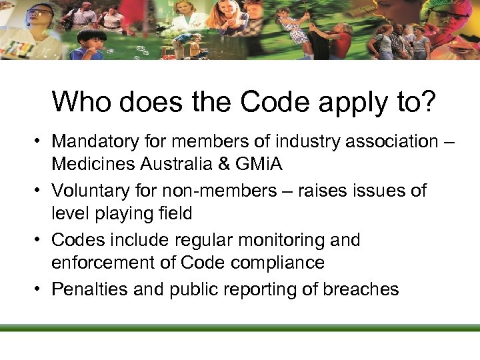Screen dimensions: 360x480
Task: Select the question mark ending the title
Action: [x=427, y=102]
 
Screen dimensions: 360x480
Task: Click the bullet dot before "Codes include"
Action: [x=41, y=240]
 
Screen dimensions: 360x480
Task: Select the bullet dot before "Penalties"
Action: [x=41, y=289]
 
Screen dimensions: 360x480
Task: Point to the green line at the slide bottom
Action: [x=240, y=327]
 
